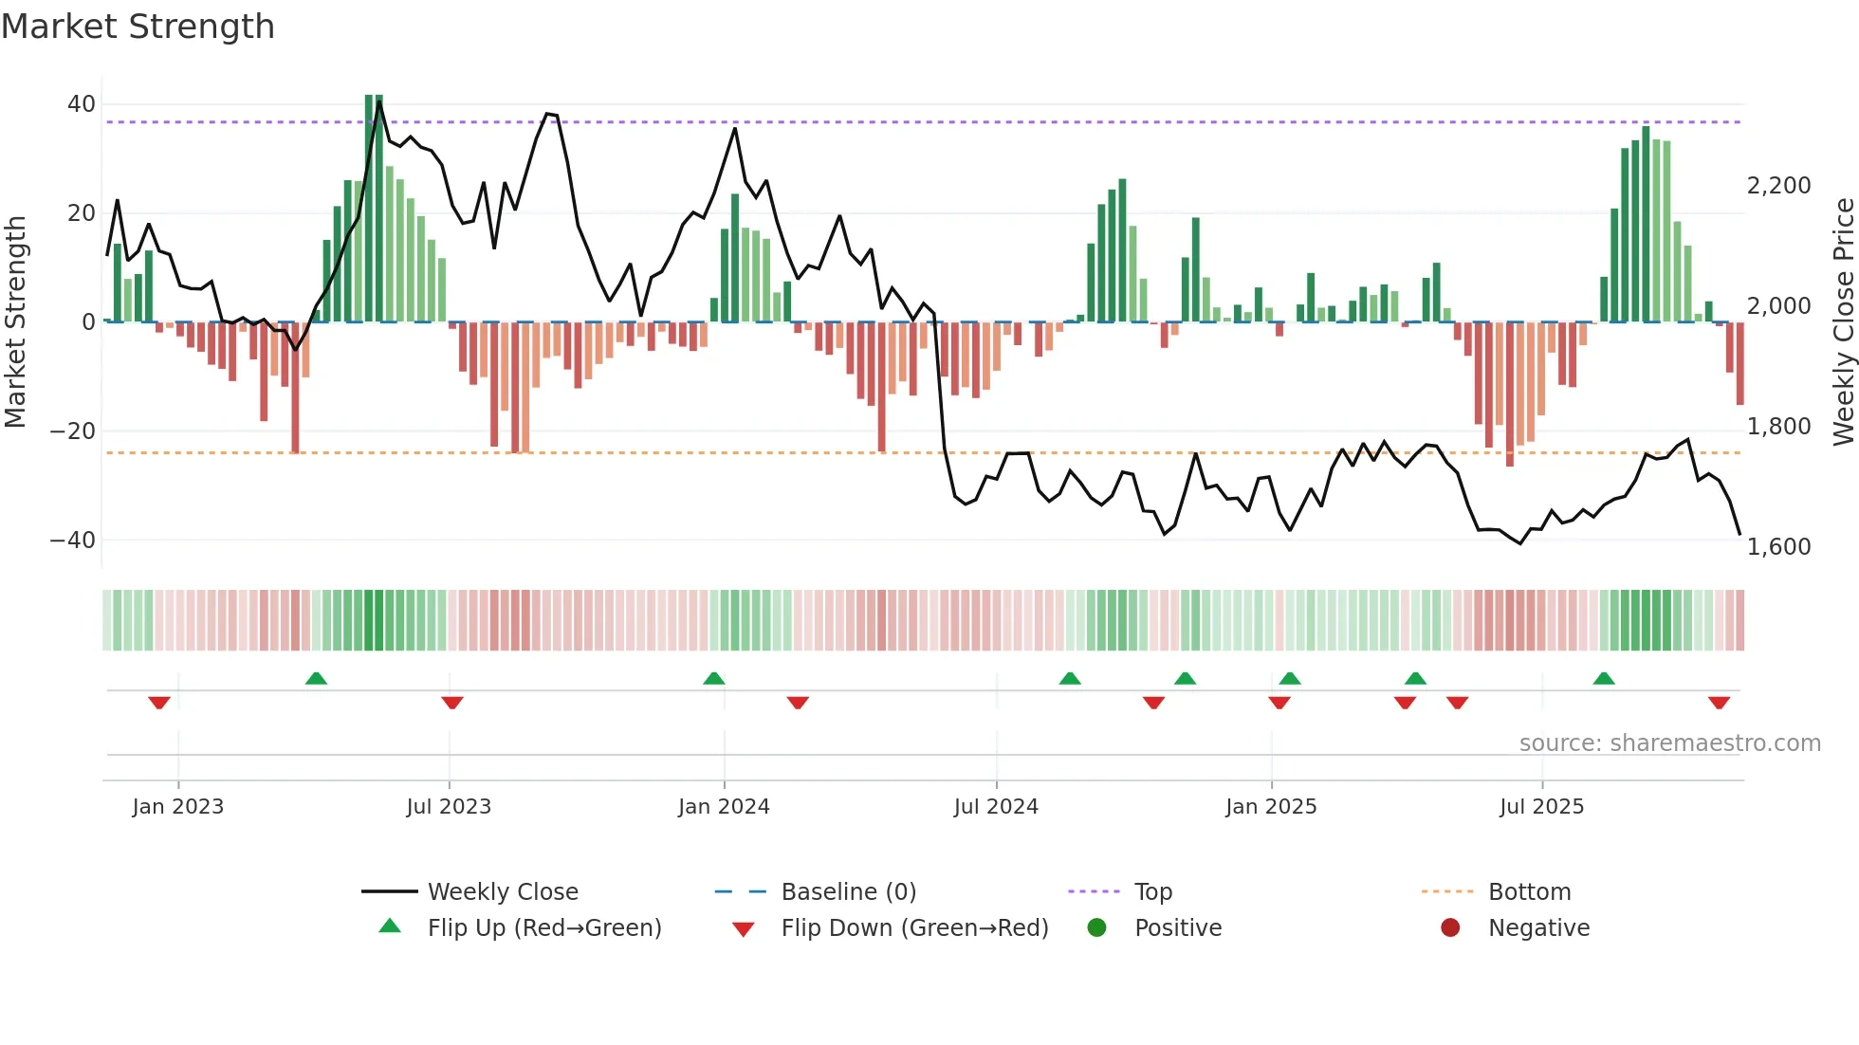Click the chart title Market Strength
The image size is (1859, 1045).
tap(138, 27)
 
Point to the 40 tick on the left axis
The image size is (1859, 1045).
tap(82, 104)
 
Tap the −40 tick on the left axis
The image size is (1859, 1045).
tap(74, 541)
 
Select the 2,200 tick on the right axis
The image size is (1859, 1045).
tap(1778, 186)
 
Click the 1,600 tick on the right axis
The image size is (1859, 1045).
tap(1778, 547)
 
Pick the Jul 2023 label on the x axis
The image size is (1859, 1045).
tap(449, 807)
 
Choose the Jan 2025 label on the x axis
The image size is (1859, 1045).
tap(1271, 807)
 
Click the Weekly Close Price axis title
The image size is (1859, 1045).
tap(1843, 322)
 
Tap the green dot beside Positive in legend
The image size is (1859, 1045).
tap(1097, 928)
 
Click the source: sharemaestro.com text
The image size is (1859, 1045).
tap(1669, 743)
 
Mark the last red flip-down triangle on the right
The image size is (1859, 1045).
tap(1719, 703)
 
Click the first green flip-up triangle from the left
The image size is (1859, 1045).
tap(316, 678)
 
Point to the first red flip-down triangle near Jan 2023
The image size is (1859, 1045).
tap(159, 703)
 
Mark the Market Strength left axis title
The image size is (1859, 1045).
tap(15, 322)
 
